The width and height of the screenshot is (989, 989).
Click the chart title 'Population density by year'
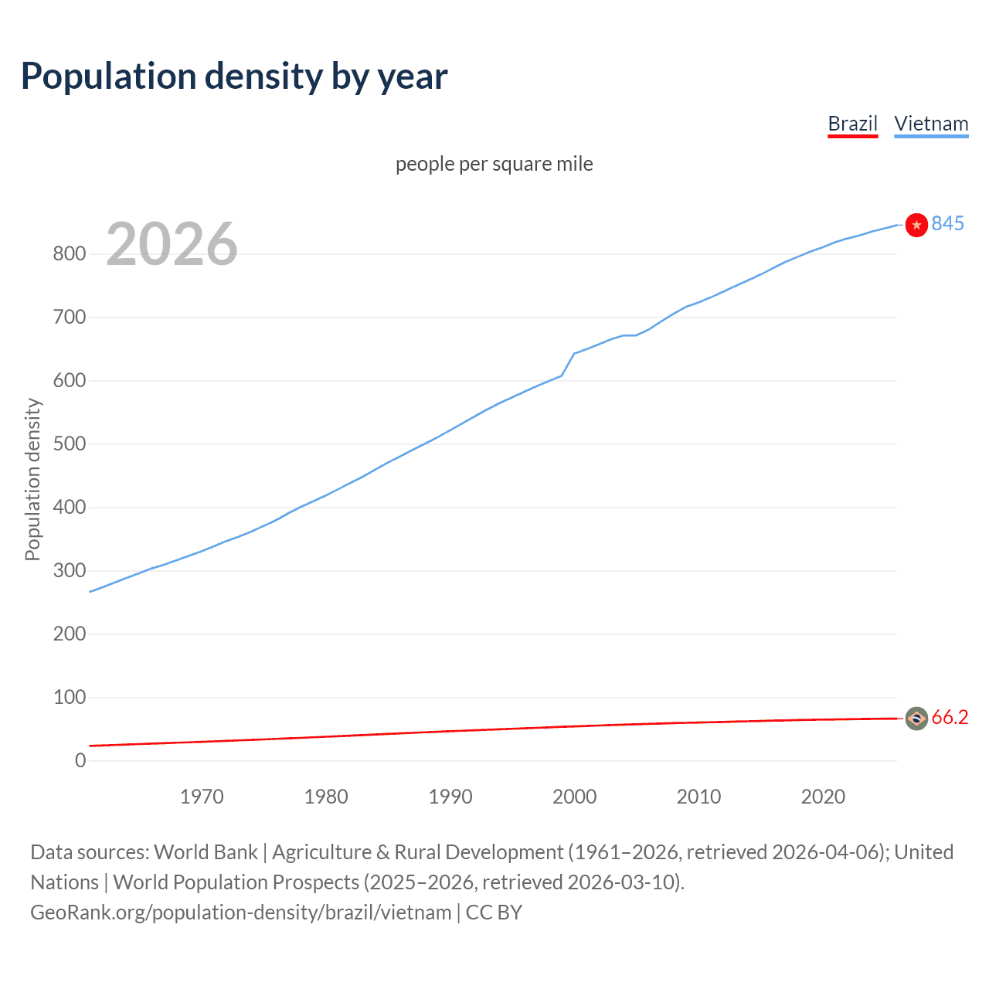coord(234,76)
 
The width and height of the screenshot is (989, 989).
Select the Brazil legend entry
coord(852,124)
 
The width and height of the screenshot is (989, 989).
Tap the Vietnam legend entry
coord(931,124)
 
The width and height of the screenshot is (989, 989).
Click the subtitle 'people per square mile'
coord(494,164)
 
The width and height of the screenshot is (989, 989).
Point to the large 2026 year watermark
coord(172,244)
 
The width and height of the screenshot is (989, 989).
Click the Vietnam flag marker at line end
coord(916,225)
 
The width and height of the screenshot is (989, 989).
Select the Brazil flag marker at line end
coord(916,719)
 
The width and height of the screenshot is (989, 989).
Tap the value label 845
coord(947,223)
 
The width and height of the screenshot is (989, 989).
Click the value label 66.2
coord(950,718)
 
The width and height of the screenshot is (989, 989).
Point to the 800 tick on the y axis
coord(69,253)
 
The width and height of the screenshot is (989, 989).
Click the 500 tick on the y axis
coord(69,444)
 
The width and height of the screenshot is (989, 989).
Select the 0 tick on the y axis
coord(80,760)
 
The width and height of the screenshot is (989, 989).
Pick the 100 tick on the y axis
coord(69,697)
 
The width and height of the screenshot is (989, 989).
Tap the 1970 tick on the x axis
coord(202,797)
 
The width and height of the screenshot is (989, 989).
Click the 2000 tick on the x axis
coord(574,797)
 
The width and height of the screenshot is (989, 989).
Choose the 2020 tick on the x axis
coord(823,797)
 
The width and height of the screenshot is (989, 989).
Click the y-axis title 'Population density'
coord(32,479)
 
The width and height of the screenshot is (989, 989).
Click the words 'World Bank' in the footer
coord(206,852)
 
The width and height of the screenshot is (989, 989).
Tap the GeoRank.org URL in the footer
coord(240,913)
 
